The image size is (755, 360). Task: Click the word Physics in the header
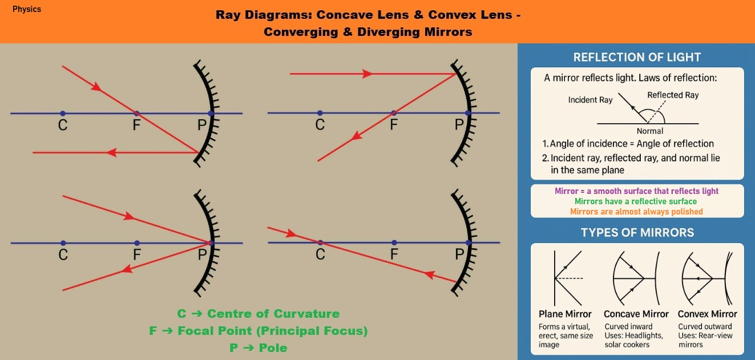(x=27, y=9)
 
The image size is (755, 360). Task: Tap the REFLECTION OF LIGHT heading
(x=637, y=57)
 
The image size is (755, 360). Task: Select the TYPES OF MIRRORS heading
(x=637, y=233)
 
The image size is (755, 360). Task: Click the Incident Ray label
(x=590, y=100)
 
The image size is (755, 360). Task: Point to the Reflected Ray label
(x=673, y=95)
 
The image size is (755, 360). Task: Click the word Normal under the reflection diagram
(x=650, y=131)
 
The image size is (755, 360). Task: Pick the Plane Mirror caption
(x=565, y=314)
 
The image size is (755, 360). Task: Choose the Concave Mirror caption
(x=636, y=314)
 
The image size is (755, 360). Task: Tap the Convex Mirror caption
(x=707, y=314)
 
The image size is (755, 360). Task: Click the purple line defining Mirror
(x=636, y=191)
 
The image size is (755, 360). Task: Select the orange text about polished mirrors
(x=636, y=212)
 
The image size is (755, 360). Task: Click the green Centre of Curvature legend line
(x=258, y=313)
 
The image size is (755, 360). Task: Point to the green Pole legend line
(x=258, y=347)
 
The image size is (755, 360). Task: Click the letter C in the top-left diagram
(x=63, y=125)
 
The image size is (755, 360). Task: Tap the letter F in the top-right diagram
(x=394, y=125)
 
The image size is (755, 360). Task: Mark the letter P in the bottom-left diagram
(x=202, y=254)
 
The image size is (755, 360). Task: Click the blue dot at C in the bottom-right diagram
(x=320, y=242)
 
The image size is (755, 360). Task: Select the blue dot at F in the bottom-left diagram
(x=137, y=243)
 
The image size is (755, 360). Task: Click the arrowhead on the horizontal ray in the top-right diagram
(x=367, y=74)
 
